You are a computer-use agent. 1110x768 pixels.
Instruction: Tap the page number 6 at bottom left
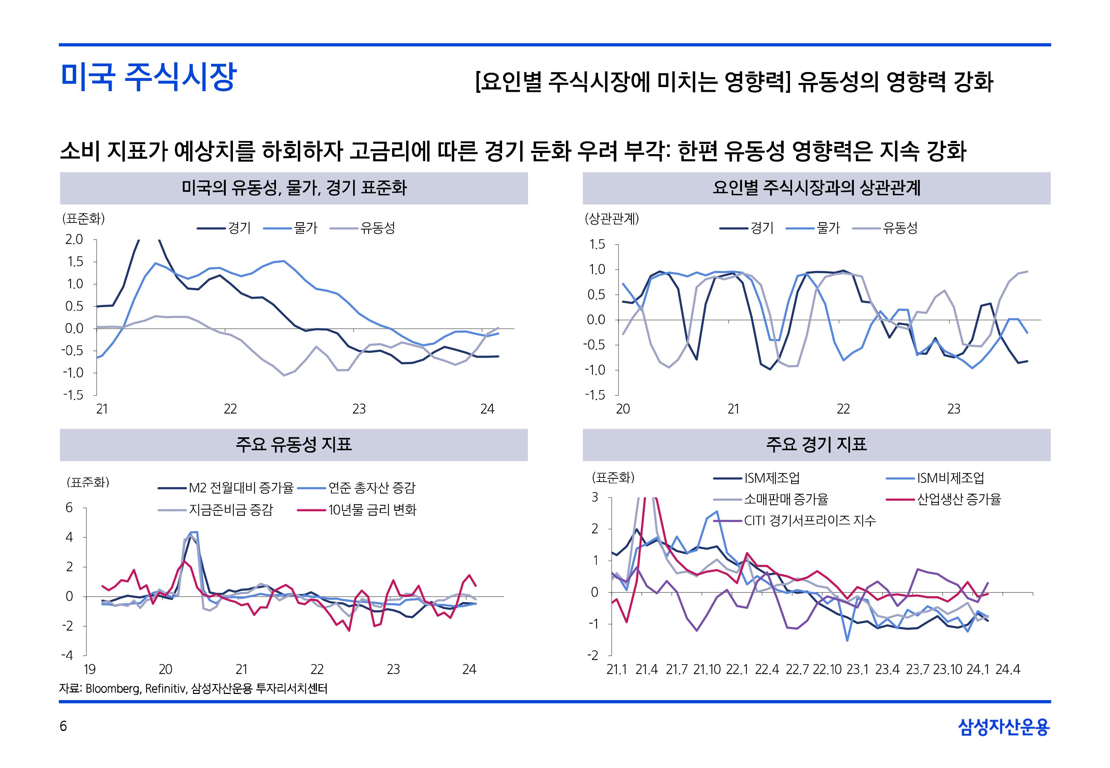pyautogui.click(x=63, y=726)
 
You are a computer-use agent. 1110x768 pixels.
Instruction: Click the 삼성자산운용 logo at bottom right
pyautogui.click(x=1004, y=727)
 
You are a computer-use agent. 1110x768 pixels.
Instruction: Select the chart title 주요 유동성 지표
pyautogui.click(x=294, y=444)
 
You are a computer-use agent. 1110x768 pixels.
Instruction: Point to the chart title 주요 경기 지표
pyautogui.click(x=816, y=444)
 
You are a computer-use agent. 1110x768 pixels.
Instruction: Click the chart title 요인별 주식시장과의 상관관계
pyautogui.click(x=816, y=188)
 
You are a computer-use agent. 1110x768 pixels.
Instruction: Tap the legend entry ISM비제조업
pyautogui.click(x=950, y=478)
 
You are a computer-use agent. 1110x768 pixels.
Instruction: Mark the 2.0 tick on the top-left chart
pyautogui.click(x=74, y=239)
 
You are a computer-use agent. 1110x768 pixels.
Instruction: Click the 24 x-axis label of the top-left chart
pyautogui.click(x=487, y=409)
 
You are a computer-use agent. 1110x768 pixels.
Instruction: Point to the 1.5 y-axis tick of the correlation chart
pyautogui.click(x=597, y=244)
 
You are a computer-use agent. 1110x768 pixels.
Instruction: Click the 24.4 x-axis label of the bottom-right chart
pyautogui.click(x=1008, y=669)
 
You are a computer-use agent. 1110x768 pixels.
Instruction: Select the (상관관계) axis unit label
pyautogui.click(x=611, y=219)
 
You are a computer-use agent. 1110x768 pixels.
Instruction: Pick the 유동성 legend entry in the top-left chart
pyautogui.click(x=377, y=228)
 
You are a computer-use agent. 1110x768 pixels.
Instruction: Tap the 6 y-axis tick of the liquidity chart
pyautogui.click(x=69, y=508)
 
